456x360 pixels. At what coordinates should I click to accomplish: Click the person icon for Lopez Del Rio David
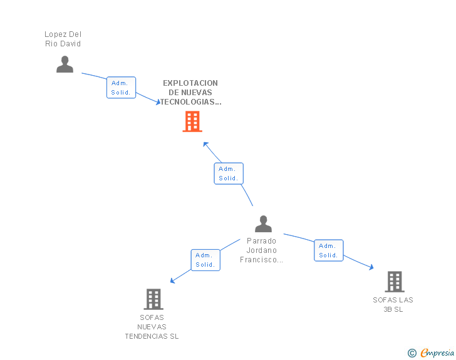click(x=65, y=64)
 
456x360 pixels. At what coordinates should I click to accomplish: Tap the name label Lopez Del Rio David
click(x=63, y=39)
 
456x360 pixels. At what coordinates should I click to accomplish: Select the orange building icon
click(x=192, y=121)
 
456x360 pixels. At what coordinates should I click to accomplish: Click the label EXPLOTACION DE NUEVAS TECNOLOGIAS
click(x=190, y=92)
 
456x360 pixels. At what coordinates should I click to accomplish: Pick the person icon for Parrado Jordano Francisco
click(x=264, y=224)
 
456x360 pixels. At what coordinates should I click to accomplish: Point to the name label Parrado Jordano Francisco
click(x=262, y=250)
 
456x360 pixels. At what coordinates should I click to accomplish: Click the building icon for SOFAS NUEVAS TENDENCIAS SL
click(x=153, y=299)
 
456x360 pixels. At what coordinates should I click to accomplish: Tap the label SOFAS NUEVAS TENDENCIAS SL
click(x=152, y=327)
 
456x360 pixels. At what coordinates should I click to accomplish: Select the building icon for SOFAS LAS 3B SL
click(x=394, y=282)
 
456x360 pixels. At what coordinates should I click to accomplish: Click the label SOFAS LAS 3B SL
click(x=393, y=304)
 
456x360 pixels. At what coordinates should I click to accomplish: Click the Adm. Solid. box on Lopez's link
click(x=121, y=88)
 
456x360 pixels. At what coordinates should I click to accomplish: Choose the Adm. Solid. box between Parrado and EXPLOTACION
click(x=228, y=173)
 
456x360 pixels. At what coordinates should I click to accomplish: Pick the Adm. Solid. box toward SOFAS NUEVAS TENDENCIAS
click(x=205, y=260)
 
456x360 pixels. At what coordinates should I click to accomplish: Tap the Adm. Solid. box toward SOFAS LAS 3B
click(x=328, y=250)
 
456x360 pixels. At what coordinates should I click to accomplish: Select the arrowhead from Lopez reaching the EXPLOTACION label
click(x=158, y=102)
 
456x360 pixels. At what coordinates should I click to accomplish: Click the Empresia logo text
click(x=437, y=353)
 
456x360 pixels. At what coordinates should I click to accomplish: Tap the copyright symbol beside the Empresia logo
click(x=412, y=354)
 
